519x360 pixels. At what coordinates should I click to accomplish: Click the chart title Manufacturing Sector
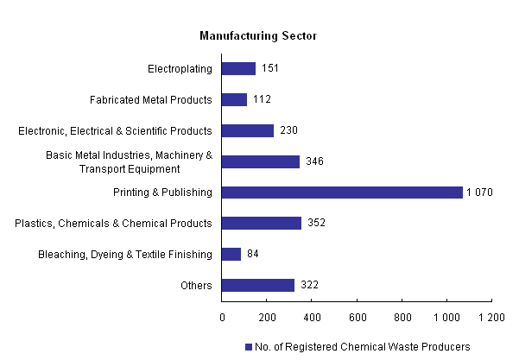click(258, 35)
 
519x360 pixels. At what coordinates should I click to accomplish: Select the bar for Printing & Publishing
click(342, 193)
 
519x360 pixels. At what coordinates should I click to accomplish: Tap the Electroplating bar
click(238, 68)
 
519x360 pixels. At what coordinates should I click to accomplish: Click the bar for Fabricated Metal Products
click(234, 99)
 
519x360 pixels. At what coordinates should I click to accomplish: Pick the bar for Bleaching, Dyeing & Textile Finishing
click(231, 254)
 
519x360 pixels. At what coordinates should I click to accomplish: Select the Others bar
click(258, 285)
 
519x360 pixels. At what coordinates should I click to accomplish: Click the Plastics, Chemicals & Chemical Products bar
click(262, 223)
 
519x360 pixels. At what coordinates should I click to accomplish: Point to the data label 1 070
click(480, 193)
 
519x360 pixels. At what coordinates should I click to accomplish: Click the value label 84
click(253, 254)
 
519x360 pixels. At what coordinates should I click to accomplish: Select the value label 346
click(315, 161)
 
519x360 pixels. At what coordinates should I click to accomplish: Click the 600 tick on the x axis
click(357, 317)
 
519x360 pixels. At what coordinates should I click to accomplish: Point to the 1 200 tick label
click(491, 317)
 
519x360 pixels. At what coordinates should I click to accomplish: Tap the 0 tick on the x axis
click(222, 317)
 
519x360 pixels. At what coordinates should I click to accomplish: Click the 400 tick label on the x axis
click(312, 317)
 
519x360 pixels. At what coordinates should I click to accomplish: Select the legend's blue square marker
click(248, 347)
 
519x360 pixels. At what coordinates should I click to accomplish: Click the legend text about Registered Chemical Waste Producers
click(362, 347)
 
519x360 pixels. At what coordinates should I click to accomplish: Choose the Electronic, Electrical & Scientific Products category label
click(115, 130)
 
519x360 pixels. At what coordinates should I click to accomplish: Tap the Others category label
click(196, 285)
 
